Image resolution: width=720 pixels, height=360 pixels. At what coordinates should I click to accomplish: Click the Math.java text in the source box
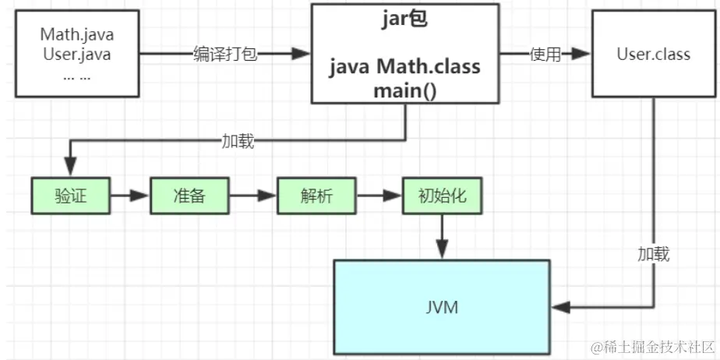coord(76,35)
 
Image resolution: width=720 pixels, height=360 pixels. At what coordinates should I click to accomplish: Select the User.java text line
coord(76,55)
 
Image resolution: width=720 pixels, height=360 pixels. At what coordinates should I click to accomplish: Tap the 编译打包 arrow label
coord(225,55)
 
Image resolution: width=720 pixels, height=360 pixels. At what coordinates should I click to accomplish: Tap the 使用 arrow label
coord(545,55)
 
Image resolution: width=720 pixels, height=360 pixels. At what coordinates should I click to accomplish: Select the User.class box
coord(653,55)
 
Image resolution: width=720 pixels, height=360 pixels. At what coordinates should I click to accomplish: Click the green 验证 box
coord(70,196)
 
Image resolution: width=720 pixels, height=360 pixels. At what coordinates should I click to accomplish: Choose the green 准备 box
coord(189,196)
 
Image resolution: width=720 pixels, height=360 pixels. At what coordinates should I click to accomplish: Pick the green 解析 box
coord(316,196)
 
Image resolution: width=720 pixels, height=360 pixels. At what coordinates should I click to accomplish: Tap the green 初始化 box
coord(442,196)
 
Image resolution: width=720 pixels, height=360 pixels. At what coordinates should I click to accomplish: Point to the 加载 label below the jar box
coord(237,141)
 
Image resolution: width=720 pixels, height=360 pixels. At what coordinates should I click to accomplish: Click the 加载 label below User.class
coord(653,254)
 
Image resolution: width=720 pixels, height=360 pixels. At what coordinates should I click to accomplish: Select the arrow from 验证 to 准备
coord(129,196)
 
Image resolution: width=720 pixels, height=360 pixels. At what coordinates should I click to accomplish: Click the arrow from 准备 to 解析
coord(254,196)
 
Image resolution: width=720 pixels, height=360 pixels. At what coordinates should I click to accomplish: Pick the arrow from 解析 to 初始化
coord(379,196)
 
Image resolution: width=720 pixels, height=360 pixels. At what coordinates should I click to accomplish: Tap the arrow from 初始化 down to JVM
coord(443,236)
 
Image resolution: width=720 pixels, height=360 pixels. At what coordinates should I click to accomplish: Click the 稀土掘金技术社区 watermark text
coord(653,345)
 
